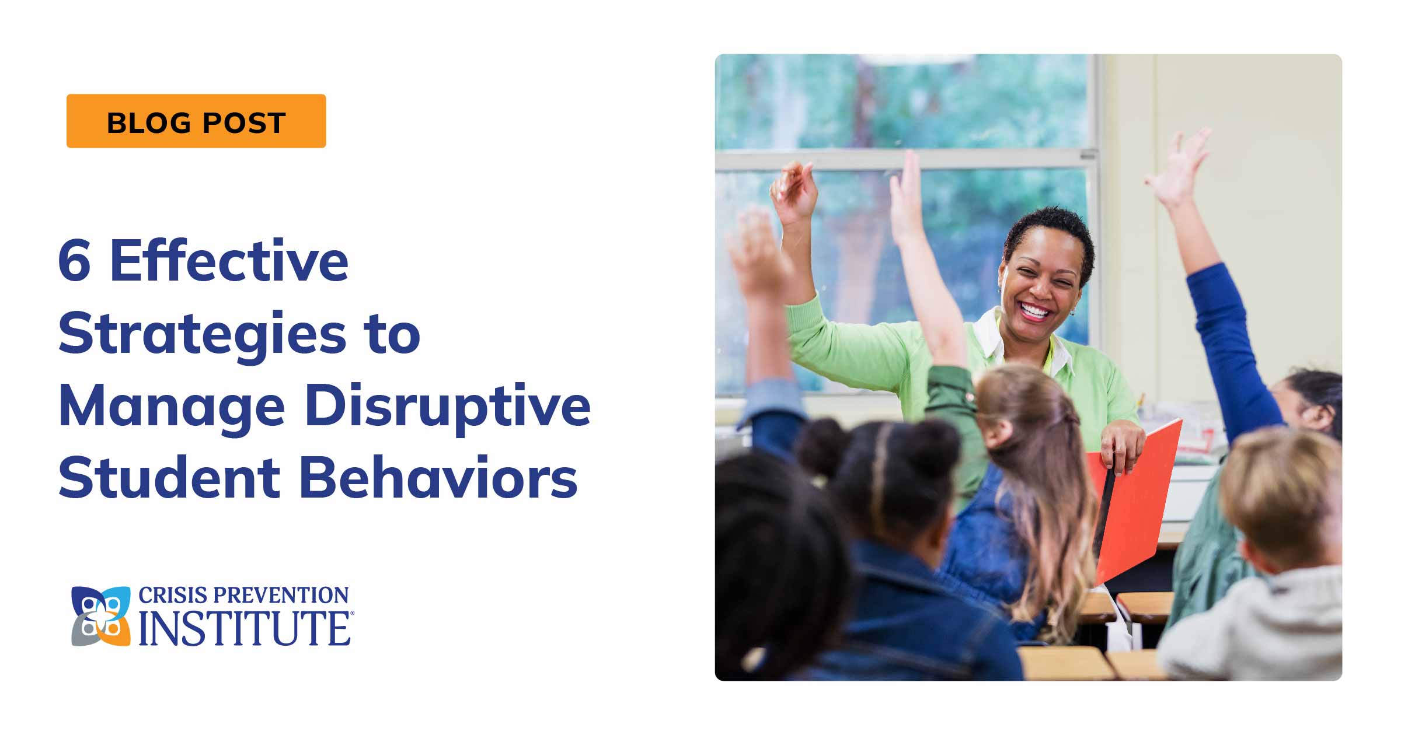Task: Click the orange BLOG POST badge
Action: (196, 121)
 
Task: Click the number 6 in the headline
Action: (75, 261)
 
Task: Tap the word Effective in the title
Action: (229, 261)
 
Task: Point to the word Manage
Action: (172, 407)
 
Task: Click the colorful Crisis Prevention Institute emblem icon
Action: (100, 616)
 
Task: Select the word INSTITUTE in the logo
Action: (244, 629)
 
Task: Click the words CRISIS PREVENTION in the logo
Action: (243, 596)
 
